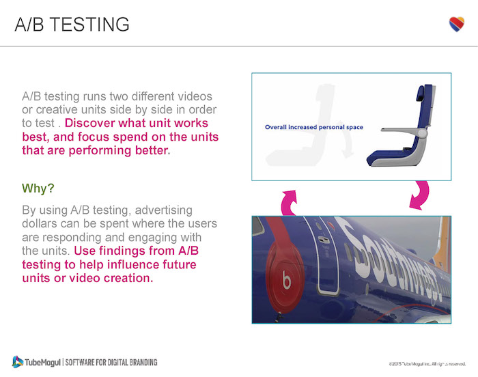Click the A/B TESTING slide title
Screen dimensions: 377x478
coord(72,24)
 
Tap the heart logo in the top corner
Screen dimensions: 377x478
coord(457,24)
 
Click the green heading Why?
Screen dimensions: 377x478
coord(39,188)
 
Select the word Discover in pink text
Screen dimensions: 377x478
coord(92,124)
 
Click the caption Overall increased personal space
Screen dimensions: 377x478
coord(313,127)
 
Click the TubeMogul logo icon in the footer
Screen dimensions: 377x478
coord(18,361)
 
